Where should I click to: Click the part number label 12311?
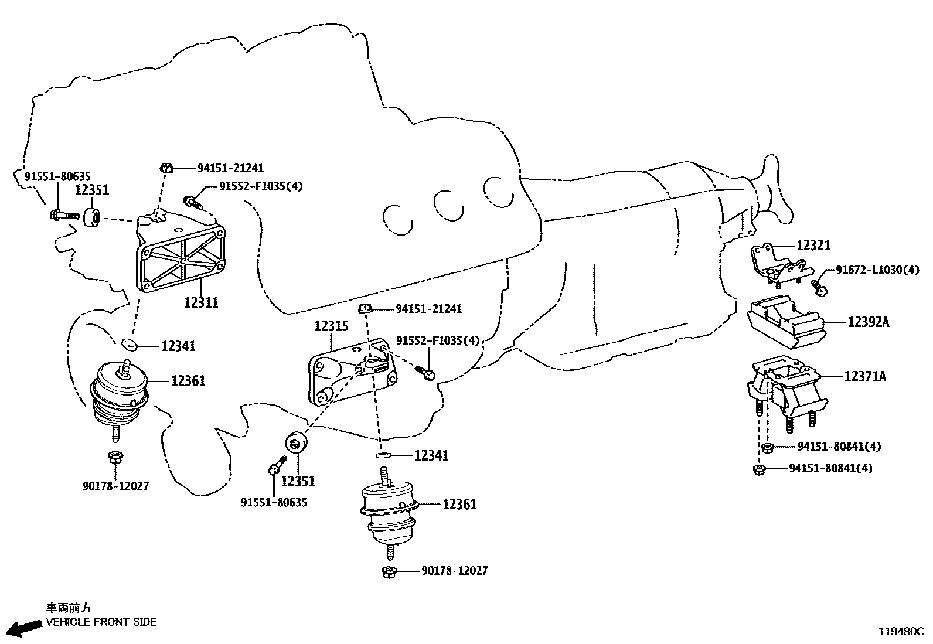tap(201, 302)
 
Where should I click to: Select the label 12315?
tap(331, 326)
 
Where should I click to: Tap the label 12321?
tap(813, 246)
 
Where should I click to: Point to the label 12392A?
tap(868, 322)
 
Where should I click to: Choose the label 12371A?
tap(865, 377)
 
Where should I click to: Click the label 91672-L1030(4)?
tap(877, 270)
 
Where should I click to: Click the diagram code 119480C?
tap(900, 632)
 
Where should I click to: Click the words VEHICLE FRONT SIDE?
tap(101, 622)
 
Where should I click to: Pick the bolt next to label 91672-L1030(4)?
tap(819, 287)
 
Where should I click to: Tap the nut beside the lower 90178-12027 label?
tap(389, 571)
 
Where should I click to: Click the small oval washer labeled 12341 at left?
tap(129, 343)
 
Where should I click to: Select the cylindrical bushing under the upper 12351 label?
tap(92, 217)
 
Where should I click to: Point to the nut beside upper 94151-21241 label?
tap(166, 169)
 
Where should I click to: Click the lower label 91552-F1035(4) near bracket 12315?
tap(437, 340)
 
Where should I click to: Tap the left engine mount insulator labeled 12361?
tap(119, 396)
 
